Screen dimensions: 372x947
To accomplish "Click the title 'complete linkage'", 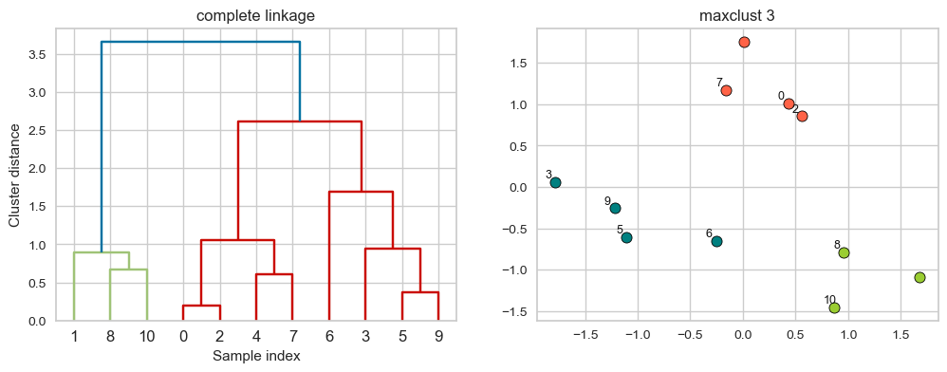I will pyautogui.click(x=256, y=15).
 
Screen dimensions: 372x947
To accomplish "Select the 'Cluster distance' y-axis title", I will pyautogui.click(x=15, y=175).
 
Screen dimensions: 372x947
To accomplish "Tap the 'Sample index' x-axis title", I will pyautogui.click(x=256, y=356).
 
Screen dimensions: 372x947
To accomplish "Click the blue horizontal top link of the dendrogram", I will pyautogui.click(x=200, y=42).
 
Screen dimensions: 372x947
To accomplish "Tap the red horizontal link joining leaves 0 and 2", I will pyautogui.click(x=201, y=306).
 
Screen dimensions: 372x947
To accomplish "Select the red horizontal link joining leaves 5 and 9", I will pyautogui.click(x=419, y=292).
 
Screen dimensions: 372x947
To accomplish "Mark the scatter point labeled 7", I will pyautogui.click(x=726, y=90).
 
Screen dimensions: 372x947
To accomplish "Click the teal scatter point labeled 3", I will pyautogui.click(x=555, y=182).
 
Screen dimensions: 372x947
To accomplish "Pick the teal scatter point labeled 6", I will pyautogui.click(x=716, y=241).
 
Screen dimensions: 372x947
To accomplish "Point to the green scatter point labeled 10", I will pyautogui.click(x=834, y=307).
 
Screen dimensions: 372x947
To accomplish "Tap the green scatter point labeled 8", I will pyautogui.click(x=844, y=252).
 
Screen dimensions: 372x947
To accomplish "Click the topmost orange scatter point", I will pyautogui.click(x=744, y=42).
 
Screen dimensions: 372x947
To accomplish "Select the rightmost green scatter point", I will pyautogui.click(x=919, y=277).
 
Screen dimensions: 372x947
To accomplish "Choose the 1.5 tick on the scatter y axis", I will pyautogui.click(x=518, y=64).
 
